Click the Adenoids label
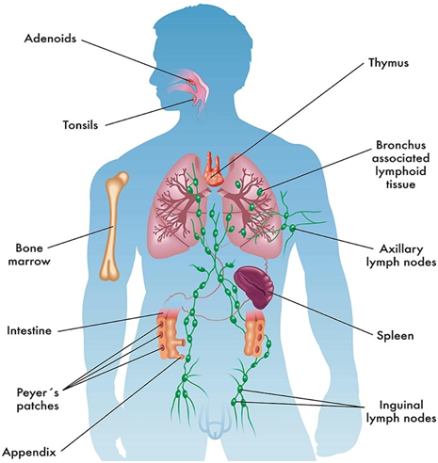click(50, 39)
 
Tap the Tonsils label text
click(81, 125)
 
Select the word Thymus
click(389, 63)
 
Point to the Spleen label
click(396, 336)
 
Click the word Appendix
click(29, 453)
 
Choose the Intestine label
click(29, 330)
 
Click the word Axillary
click(401, 249)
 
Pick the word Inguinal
click(401, 405)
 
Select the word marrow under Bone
click(29, 262)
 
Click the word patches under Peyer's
click(38, 406)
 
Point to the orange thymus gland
click(214, 170)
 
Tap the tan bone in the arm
click(113, 226)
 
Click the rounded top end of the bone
click(119, 179)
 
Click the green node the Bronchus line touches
click(260, 192)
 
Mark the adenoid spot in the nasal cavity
click(189, 81)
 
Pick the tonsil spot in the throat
click(194, 100)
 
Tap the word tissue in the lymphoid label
click(400, 184)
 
